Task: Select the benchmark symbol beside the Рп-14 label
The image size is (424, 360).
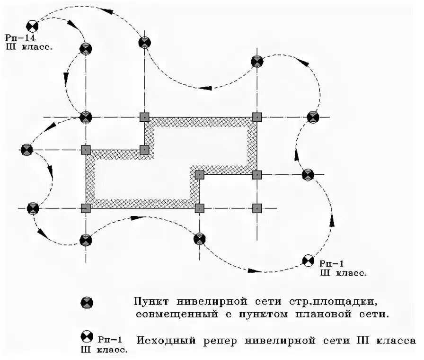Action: click(x=32, y=27)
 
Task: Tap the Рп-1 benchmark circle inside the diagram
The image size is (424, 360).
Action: click(x=308, y=260)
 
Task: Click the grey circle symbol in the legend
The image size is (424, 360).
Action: click(x=87, y=302)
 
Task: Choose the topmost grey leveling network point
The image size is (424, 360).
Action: click(x=145, y=43)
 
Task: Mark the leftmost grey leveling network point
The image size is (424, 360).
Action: click(x=27, y=150)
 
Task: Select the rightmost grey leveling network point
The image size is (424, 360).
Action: click(x=313, y=117)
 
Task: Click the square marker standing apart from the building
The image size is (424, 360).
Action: click(x=257, y=207)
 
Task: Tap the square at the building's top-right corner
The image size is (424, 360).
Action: click(x=257, y=117)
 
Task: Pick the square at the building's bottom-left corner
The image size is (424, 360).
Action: click(x=86, y=207)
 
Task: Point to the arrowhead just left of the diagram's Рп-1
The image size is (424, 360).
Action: click(x=255, y=271)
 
